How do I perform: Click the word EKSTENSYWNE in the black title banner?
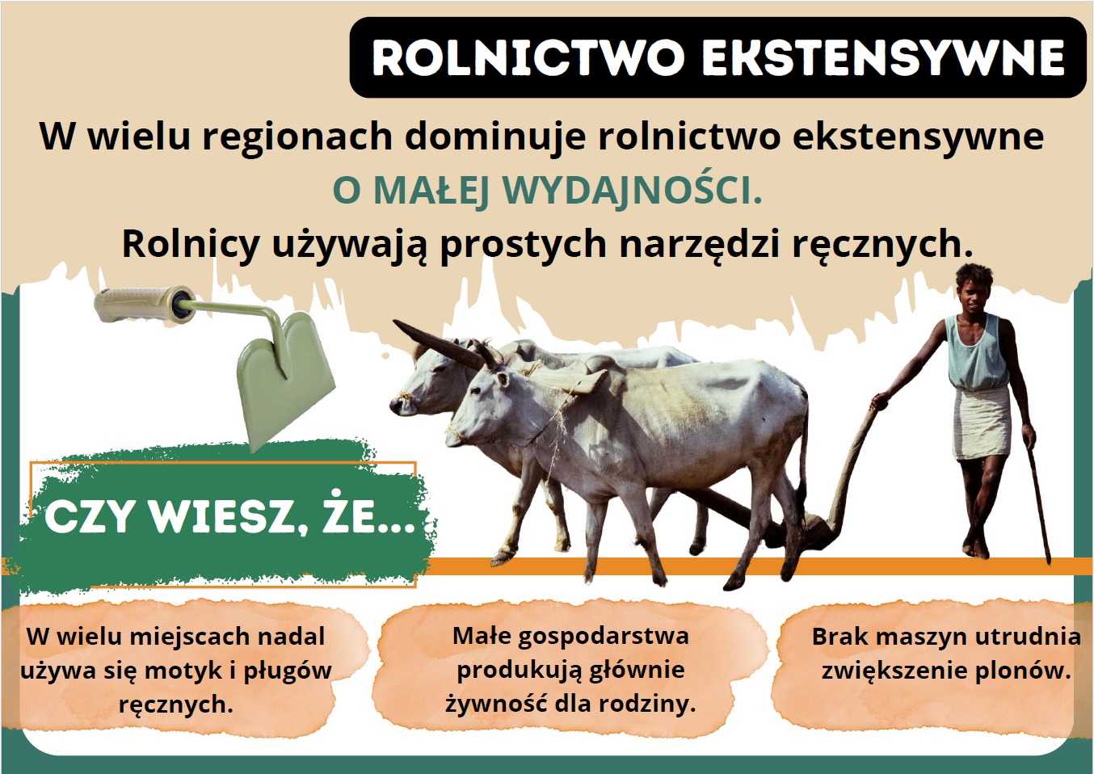883,58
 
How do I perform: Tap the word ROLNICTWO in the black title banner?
528,58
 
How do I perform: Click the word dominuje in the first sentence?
494,137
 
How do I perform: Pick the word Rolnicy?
191,244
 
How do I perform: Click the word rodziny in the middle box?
646,704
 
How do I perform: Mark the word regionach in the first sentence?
297,137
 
